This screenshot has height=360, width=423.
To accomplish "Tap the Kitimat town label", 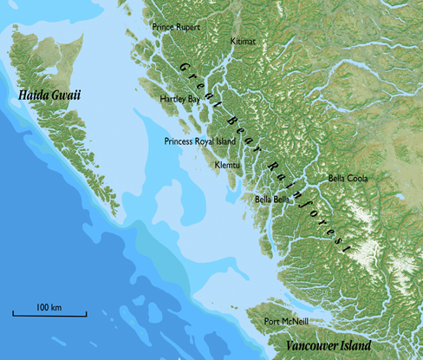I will tap(244, 41).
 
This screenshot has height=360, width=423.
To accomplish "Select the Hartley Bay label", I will tap(179, 99).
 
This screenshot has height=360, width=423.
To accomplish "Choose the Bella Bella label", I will tap(271, 199).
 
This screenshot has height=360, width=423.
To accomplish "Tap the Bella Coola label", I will tap(348, 178).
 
